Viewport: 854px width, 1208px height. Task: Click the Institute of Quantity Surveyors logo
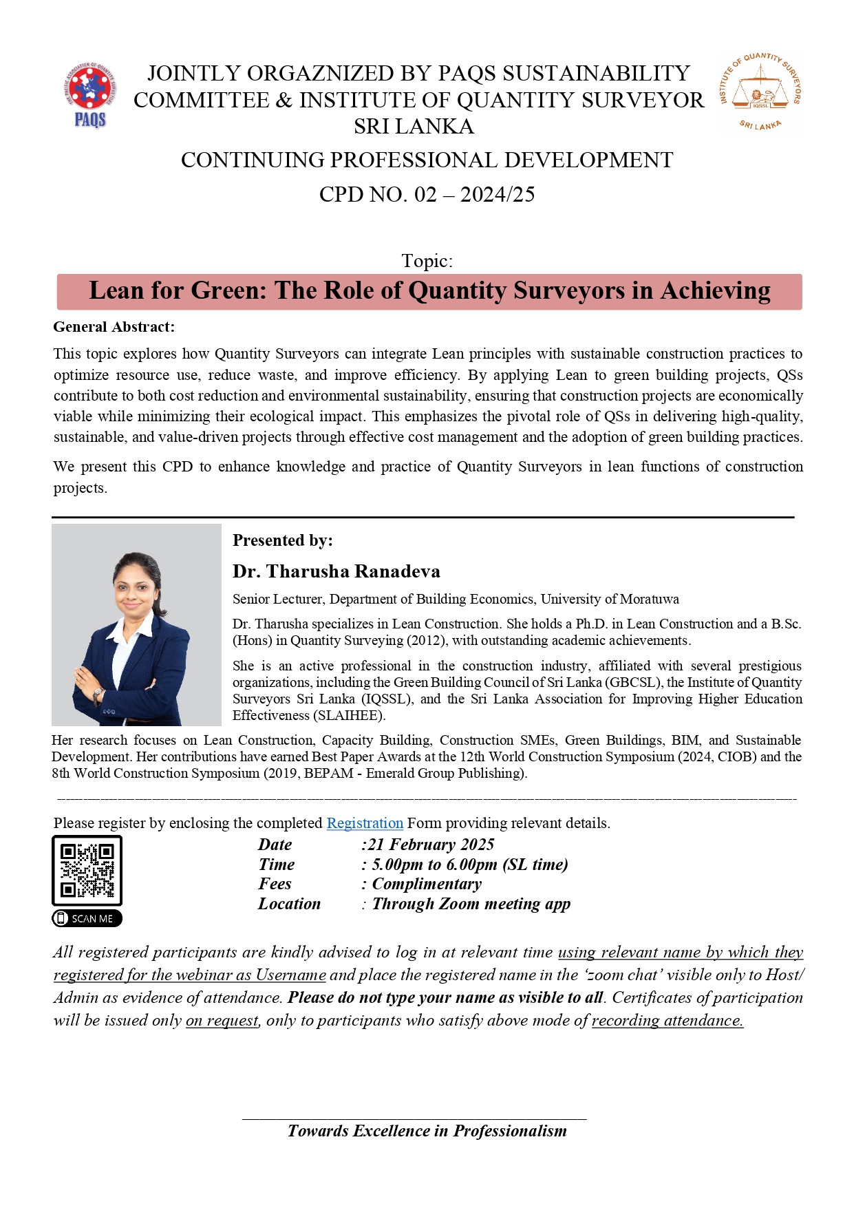pyautogui.click(x=760, y=92)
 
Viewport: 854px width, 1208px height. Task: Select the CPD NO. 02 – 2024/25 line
pyautogui.click(x=427, y=195)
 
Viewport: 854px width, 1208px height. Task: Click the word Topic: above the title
pyautogui.click(x=427, y=261)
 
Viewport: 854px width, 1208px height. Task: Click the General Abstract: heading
pyautogui.click(x=114, y=327)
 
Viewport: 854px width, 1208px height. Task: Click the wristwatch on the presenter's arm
pyautogui.click(x=98, y=693)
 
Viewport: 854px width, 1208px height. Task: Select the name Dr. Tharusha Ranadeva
pyautogui.click(x=336, y=571)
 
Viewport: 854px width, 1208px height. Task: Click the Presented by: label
pyautogui.click(x=282, y=540)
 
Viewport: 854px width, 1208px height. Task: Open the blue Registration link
pyautogui.click(x=365, y=823)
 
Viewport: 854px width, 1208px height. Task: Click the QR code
pyautogui.click(x=87, y=870)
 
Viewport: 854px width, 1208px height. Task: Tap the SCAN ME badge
pyautogui.click(x=87, y=918)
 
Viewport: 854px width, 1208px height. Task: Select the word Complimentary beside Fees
pyautogui.click(x=427, y=884)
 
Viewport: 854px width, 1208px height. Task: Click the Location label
pyautogui.click(x=289, y=904)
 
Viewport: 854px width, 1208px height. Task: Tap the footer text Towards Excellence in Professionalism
pyautogui.click(x=427, y=1131)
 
